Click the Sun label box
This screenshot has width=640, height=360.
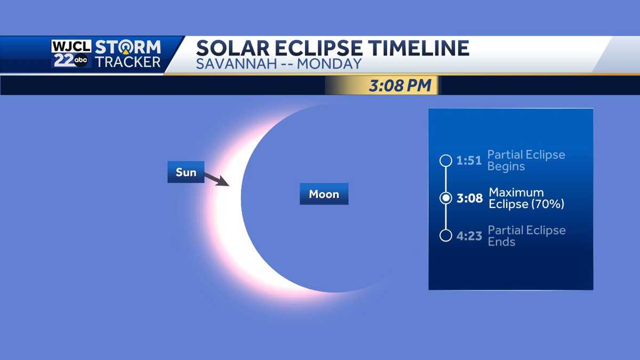tap(186, 172)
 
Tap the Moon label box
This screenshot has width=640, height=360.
tap(324, 194)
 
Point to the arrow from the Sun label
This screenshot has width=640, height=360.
tap(217, 179)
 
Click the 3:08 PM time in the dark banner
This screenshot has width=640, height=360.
tap(399, 85)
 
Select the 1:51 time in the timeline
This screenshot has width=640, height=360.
tap(469, 161)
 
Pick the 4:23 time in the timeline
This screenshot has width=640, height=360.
tap(469, 236)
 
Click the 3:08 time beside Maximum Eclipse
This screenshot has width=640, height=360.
tap(469, 198)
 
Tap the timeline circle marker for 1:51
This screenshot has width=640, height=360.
tap(446, 161)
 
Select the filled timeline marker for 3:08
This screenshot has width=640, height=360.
tap(446, 198)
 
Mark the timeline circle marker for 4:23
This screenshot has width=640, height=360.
tap(446, 235)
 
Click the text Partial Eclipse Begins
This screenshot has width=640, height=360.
tap(526, 161)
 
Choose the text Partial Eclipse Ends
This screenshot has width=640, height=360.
tap(526, 236)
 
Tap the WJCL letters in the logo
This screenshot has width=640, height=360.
tap(71, 46)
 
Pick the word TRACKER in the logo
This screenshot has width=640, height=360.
tap(127, 61)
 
